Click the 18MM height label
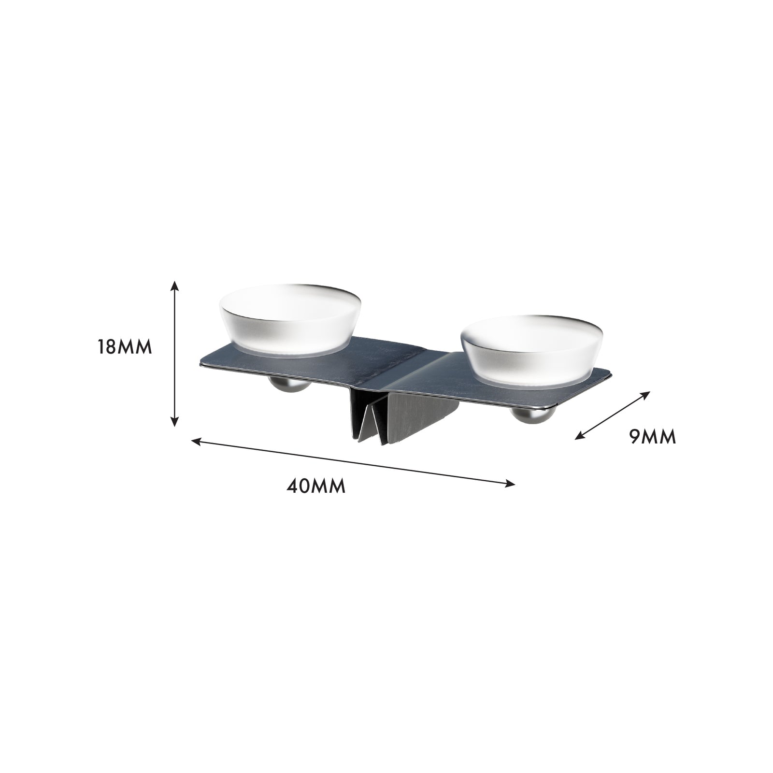coord(125,347)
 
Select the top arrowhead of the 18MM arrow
coord(175,287)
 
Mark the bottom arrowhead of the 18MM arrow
coord(175,419)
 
